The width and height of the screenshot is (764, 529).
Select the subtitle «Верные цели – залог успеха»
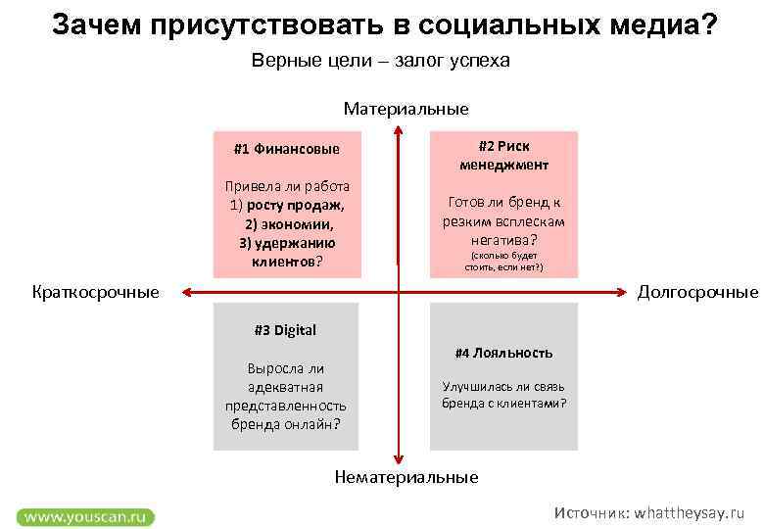click(x=381, y=61)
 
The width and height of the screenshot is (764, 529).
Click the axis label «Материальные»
click(x=406, y=109)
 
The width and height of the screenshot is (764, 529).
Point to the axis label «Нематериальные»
click(x=406, y=477)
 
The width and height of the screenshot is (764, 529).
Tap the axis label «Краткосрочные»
click(x=95, y=292)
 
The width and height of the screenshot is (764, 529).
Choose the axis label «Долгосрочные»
click(x=697, y=292)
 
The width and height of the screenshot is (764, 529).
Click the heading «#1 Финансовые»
click(x=286, y=150)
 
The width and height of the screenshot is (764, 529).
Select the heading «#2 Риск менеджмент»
click(x=504, y=155)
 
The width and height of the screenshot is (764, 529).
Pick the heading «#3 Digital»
click(x=285, y=330)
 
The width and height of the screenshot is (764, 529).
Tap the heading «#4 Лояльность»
click(x=503, y=353)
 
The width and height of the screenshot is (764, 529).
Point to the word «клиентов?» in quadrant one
click(x=287, y=262)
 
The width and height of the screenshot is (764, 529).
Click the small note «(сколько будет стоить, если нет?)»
click(x=503, y=261)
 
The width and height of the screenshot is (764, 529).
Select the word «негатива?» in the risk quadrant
click(x=503, y=239)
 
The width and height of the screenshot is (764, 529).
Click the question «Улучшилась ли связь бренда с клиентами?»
click(x=503, y=395)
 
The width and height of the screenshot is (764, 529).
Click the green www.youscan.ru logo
click(x=85, y=515)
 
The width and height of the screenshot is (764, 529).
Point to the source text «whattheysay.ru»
click(x=690, y=513)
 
